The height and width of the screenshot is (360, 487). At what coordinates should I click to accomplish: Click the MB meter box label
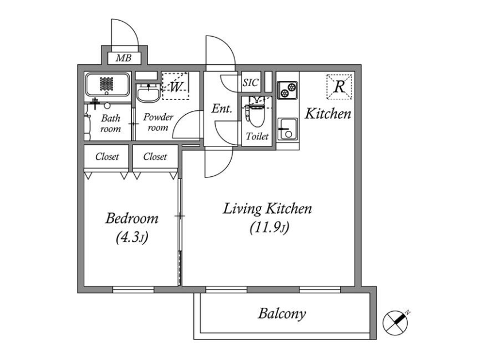tap(123, 58)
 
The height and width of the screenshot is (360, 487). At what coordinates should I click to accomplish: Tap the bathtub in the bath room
tap(107, 84)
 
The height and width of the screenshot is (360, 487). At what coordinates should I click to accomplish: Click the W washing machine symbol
tap(176, 86)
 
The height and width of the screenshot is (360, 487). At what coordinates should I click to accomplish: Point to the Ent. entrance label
tap(222, 109)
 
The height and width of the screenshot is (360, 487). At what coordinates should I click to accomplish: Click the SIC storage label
tap(250, 82)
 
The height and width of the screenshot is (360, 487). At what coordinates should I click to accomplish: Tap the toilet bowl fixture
tap(256, 112)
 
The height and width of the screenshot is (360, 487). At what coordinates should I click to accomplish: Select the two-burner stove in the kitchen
tap(287, 90)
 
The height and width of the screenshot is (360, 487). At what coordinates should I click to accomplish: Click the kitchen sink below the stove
tap(287, 129)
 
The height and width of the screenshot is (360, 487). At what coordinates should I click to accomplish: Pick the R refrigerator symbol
tap(339, 87)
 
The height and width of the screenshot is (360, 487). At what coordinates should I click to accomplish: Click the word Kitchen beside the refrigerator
tap(328, 114)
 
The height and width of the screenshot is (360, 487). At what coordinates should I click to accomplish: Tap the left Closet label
tap(107, 156)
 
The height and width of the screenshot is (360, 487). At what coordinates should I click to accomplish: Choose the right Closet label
tap(155, 156)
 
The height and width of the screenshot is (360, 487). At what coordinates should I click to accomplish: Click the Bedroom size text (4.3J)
tap(132, 238)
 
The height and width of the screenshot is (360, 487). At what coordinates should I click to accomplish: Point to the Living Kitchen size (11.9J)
tap(270, 228)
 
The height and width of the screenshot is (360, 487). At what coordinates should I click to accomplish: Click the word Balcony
tap(282, 313)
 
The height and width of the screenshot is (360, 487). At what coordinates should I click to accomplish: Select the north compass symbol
tap(395, 323)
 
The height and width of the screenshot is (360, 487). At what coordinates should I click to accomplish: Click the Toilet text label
tap(257, 136)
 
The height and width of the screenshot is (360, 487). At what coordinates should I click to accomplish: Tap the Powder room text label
tap(158, 122)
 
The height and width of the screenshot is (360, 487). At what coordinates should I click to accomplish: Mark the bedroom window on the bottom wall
tap(133, 290)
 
